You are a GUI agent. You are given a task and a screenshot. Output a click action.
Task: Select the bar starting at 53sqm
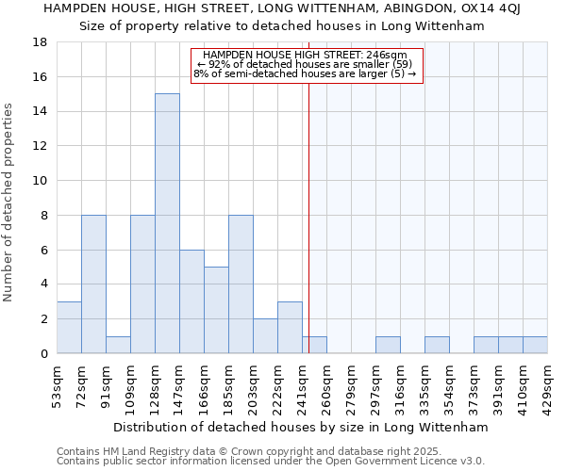69,328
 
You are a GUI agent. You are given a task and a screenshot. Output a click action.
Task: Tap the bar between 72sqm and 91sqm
93,284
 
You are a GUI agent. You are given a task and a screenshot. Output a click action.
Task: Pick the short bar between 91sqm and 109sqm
118,345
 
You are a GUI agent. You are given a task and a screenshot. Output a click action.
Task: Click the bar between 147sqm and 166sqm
191,301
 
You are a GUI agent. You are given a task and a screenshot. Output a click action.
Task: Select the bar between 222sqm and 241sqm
290,328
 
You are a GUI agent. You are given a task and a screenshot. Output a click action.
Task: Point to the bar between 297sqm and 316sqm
388,345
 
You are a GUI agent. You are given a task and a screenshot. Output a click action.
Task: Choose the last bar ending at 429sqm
535,345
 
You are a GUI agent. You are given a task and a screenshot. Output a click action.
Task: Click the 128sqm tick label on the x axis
155,385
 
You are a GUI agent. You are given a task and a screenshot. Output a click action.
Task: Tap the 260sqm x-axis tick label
326,385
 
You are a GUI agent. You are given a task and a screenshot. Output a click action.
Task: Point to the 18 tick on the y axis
40,42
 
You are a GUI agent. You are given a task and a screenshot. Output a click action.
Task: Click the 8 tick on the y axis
43,215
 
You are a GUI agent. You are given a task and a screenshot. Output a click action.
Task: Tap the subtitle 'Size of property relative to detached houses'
283,26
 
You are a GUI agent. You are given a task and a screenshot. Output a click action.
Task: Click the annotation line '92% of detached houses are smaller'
305,64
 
